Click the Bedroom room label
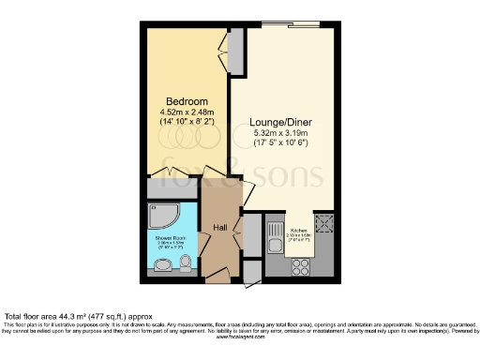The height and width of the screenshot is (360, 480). point(182,100)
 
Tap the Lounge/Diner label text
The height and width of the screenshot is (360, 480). point(280,122)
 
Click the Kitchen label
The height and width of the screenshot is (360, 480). point(299,230)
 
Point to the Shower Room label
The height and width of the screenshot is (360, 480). point(170,239)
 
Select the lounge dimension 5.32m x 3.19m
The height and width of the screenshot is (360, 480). point(280,134)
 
